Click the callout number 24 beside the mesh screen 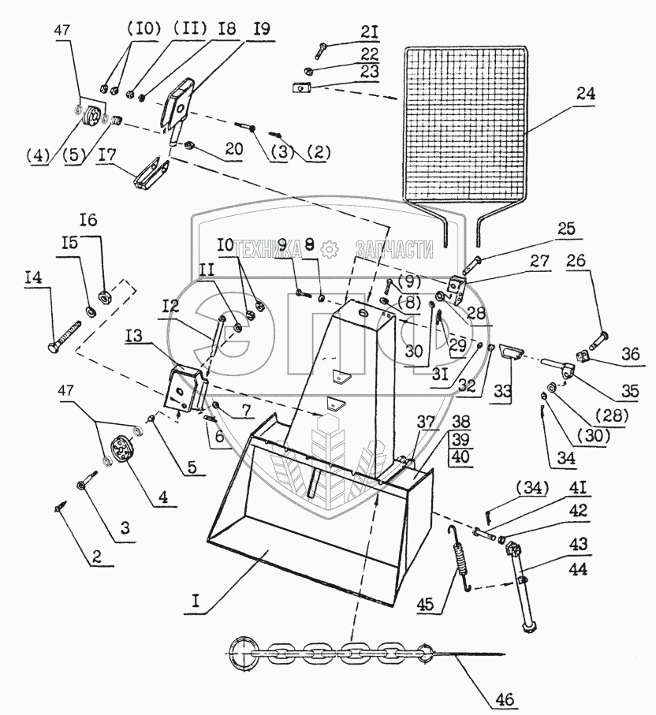pos(584,93)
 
